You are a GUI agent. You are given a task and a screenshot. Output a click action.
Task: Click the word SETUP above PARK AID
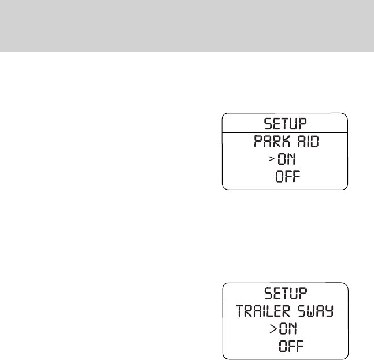pyautogui.click(x=285, y=124)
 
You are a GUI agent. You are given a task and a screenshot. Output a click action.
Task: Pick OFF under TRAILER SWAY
pyautogui.click(x=291, y=347)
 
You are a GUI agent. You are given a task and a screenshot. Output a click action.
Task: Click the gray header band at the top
pyautogui.click(x=187, y=25)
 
